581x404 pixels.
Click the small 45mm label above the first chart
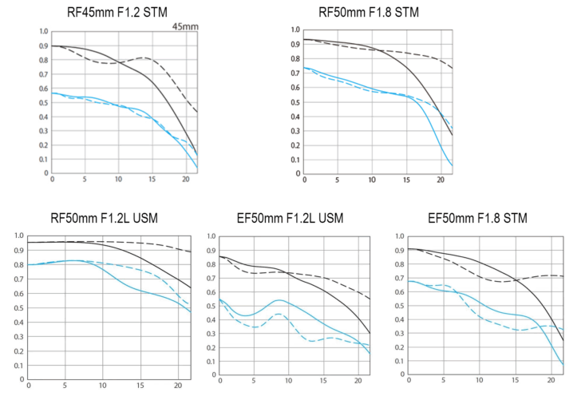click(186, 26)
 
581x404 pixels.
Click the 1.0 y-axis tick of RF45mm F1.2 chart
click(42, 32)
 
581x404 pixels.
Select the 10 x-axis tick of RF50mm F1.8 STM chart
click(371, 180)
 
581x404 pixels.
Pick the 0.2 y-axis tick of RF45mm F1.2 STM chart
click(42, 145)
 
